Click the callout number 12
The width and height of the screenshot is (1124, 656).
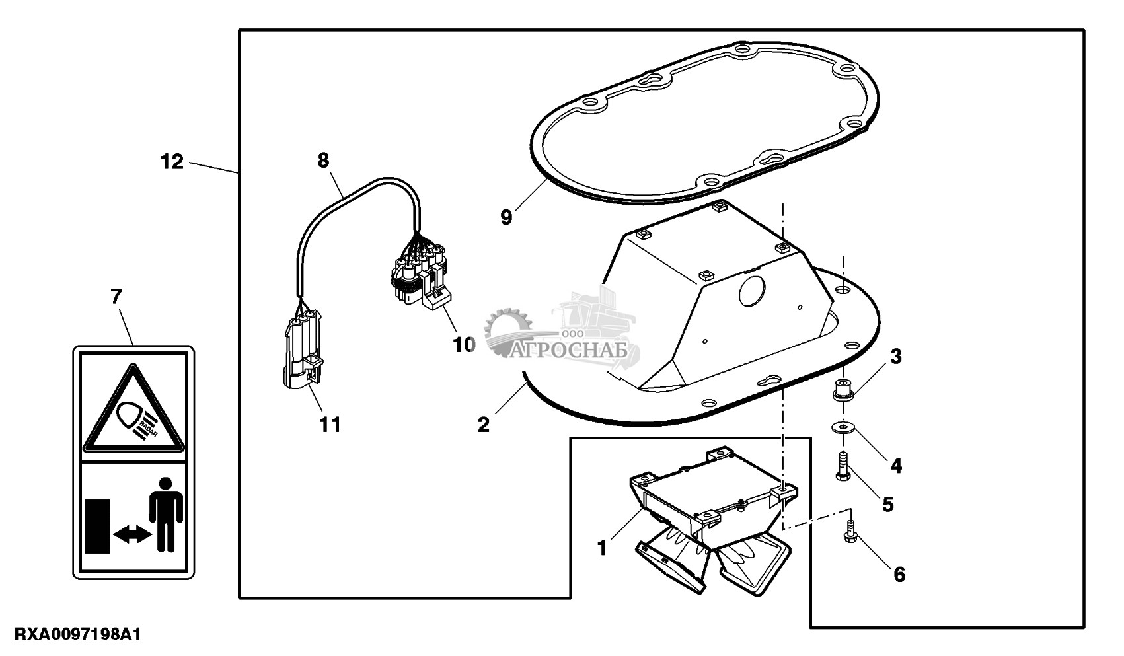tap(172, 161)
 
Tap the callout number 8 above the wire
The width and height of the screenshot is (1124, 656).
tap(323, 161)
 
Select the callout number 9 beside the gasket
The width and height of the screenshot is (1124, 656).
tap(506, 217)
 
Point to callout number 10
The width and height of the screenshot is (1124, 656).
tap(465, 344)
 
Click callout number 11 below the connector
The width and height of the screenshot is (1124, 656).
tap(330, 424)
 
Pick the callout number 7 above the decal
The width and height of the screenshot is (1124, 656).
tap(116, 297)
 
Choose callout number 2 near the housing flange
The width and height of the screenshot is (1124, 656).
tap(484, 425)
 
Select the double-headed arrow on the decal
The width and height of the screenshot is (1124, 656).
tap(132, 536)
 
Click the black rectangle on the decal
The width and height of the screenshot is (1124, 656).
tap(97, 527)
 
